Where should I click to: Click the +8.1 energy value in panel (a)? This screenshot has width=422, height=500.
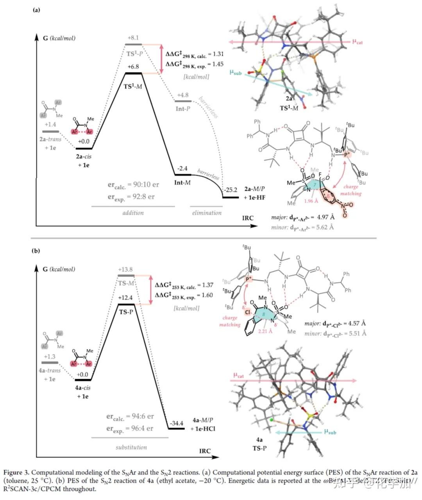(x=133, y=38)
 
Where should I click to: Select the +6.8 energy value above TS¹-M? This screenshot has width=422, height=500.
(x=133, y=67)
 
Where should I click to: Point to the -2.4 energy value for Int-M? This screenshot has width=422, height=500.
(x=182, y=168)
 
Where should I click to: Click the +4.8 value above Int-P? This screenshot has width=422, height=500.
(x=183, y=95)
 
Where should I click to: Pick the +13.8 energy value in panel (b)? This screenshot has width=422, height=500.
(x=125, y=270)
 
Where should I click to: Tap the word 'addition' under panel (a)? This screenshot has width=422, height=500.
(x=133, y=213)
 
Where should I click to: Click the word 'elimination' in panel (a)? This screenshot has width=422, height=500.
(x=207, y=213)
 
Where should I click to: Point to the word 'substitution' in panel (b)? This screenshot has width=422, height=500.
(x=131, y=447)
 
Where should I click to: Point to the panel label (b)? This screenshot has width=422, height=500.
(x=36, y=251)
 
